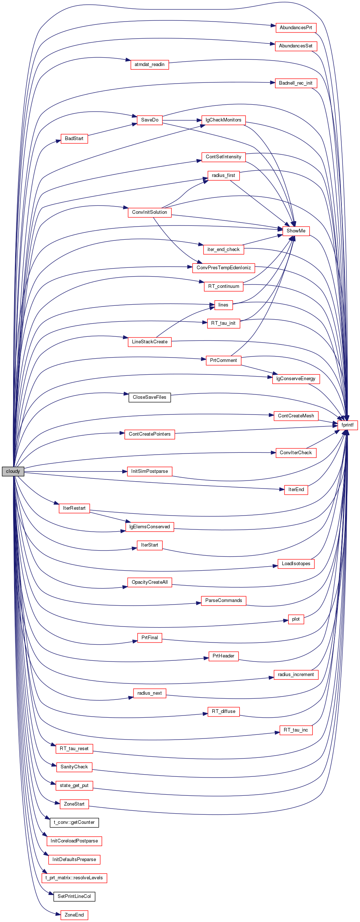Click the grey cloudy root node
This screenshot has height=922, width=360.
(13, 471)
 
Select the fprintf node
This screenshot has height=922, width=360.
(348, 425)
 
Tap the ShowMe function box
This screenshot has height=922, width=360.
(296, 231)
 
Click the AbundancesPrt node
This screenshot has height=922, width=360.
(296, 28)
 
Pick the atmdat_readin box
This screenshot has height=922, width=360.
(150, 65)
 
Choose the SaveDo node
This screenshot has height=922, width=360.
(150, 120)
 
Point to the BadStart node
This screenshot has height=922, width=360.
(74, 139)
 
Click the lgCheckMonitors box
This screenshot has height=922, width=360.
(224, 120)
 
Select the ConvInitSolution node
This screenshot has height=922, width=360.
(150, 212)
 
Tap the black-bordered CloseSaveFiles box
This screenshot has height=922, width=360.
(150, 397)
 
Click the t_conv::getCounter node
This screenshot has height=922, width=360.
(74, 822)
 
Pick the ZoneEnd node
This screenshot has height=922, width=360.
(74, 915)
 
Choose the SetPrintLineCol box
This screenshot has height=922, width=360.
(74, 896)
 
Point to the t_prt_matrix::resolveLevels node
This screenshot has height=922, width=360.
(74, 878)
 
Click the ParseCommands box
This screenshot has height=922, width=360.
(224, 601)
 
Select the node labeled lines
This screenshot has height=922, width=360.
(223, 305)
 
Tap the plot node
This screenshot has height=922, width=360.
(296, 619)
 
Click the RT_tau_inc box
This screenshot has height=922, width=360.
(296, 730)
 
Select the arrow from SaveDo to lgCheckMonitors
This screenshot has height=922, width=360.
(182, 120)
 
